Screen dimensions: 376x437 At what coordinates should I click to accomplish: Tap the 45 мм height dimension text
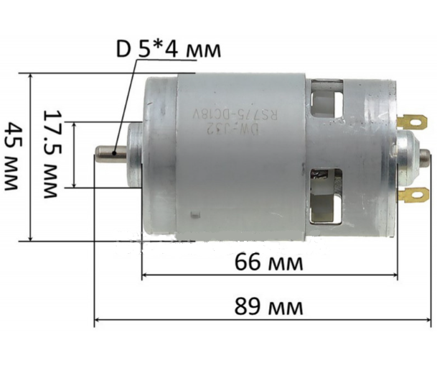[11, 155]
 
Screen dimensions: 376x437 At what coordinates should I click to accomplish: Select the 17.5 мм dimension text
[55, 154]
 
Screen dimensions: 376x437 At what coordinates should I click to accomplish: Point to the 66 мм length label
[269, 262]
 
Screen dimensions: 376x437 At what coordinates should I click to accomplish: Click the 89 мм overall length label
[269, 307]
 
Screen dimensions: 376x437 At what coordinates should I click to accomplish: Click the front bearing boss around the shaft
[136, 152]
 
